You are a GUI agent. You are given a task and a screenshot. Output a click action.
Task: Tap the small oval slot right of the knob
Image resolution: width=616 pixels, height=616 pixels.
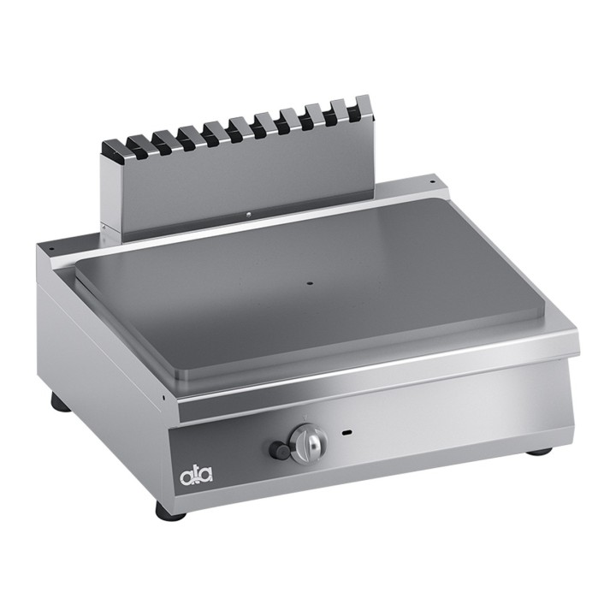pyautogui.click(x=346, y=433)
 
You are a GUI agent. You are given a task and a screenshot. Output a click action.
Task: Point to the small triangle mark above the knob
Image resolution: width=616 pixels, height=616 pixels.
pyautogui.click(x=303, y=418)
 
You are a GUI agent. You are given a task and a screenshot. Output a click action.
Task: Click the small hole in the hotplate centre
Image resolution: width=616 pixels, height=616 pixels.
pyautogui.click(x=310, y=282)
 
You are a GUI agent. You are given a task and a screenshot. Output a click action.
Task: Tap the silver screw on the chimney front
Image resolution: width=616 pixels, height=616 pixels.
pyautogui.click(x=248, y=215)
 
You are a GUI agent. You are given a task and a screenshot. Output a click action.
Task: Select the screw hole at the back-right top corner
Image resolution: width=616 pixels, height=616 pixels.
pyautogui.click(x=431, y=182)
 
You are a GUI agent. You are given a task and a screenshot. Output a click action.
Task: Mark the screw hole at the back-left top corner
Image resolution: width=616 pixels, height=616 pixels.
pyautogui.click(x=50, y=249)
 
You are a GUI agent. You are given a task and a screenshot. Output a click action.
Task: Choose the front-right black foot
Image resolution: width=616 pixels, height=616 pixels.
pyautogui.click(x=538, y=451)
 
